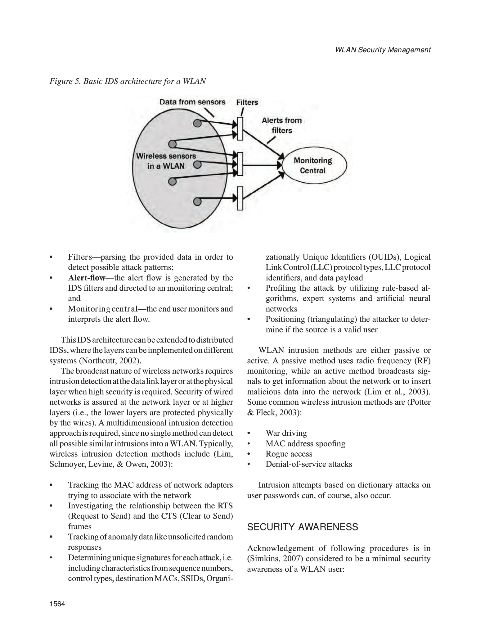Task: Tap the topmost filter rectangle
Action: [240, 128]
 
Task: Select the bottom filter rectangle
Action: [240, 198]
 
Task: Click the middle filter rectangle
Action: [240, 163]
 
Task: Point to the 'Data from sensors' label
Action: [192, 102]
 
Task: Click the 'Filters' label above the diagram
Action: [247, 102]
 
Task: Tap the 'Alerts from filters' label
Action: [281, 125]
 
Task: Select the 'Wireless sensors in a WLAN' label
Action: [166, 161]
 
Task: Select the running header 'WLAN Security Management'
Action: [383, 50]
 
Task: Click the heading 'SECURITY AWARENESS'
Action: [303, 527]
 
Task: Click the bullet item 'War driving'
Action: [286, 433]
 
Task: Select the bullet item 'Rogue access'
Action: [289, 454]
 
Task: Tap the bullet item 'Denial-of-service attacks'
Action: [309, 464]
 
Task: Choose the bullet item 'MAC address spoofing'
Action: [305, 443]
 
